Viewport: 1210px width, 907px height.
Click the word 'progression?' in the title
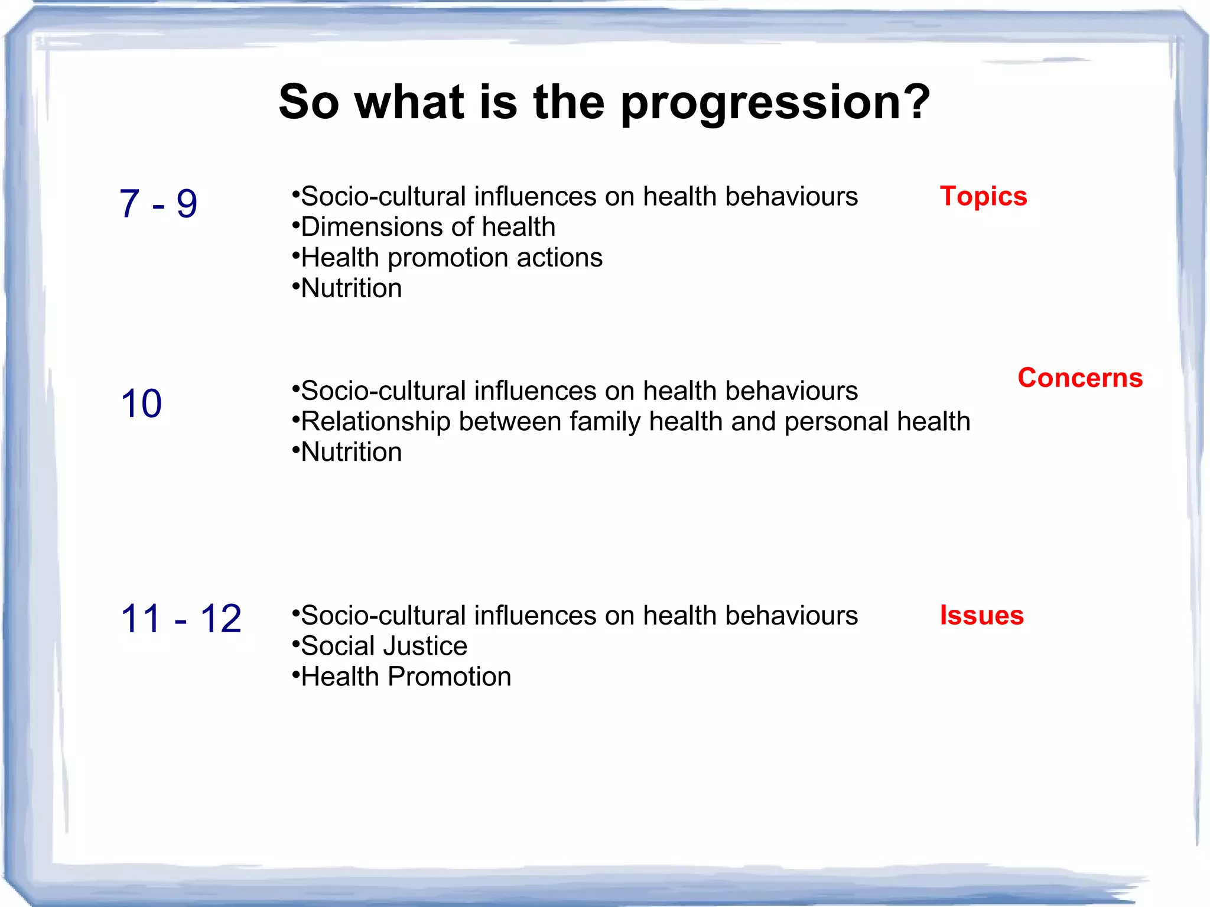[775, 103]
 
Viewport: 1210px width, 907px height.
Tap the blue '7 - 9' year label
[158, 203]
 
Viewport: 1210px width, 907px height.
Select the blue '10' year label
[141, 404]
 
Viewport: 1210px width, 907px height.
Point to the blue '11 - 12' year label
[181, 619]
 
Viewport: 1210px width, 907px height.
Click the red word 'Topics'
[983, 196]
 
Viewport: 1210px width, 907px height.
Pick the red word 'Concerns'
[1080, 378]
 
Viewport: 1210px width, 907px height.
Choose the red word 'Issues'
[981, 615]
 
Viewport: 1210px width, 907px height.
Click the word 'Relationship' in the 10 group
[376, 422]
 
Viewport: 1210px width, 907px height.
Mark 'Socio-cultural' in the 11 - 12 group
[383, 616]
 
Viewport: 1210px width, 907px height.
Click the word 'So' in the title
[308, 102]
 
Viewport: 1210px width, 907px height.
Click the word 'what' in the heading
[409, 102]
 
